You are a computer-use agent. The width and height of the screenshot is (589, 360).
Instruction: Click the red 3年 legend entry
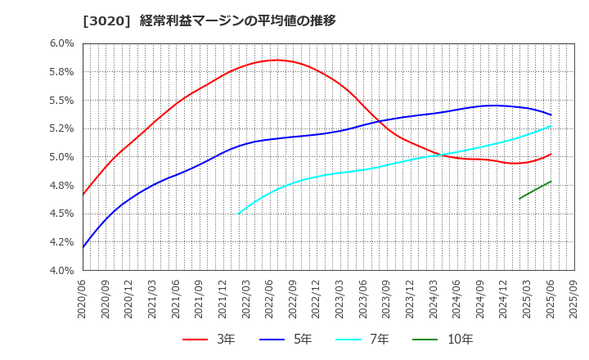(x=209, y=339)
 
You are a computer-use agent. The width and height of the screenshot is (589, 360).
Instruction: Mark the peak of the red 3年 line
(x=277, y=60)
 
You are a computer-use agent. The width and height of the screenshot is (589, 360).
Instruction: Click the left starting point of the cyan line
(x=239, y=214)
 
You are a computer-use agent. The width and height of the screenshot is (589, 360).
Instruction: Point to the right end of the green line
(x=551, y=182)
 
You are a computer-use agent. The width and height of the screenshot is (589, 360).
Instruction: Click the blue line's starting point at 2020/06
(x=83, y=247)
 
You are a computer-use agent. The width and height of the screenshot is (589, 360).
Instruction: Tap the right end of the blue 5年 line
(x=551, y=115)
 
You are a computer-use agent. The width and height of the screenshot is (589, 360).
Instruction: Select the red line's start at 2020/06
(x=83, y=195)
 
